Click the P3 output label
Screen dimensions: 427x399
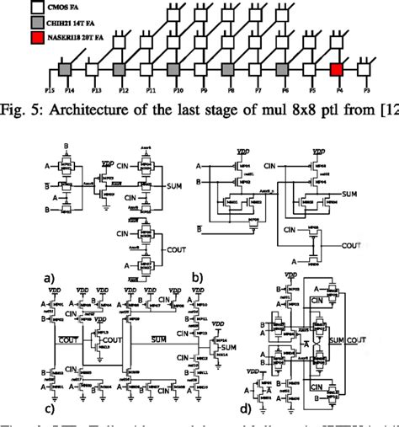coord(364,88)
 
